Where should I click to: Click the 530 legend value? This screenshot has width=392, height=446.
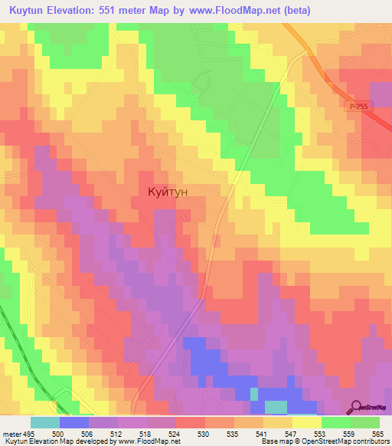204,433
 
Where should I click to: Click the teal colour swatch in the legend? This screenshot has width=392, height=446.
44,422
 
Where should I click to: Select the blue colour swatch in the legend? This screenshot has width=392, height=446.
73,422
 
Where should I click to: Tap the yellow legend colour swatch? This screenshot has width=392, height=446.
306,422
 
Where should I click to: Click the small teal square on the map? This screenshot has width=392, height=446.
254,394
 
